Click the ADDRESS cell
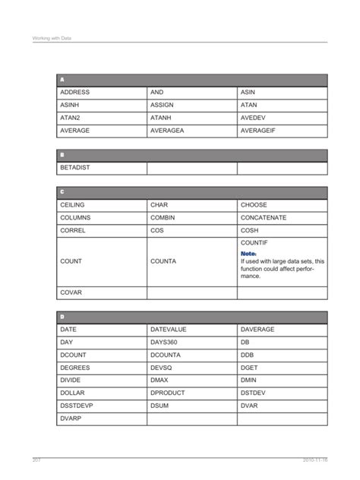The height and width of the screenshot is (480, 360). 74,92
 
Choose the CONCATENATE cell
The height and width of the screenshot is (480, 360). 264,217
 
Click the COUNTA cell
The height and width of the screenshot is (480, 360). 163,261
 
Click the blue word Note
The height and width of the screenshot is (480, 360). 248,253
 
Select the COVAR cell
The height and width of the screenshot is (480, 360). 71,292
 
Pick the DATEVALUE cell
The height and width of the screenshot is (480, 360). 169,330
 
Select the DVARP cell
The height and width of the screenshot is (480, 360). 71,418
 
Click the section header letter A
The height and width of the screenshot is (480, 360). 62,79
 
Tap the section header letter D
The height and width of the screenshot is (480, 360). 62,316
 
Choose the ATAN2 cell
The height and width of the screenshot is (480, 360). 70,118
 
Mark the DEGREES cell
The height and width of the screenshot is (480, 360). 74,368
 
